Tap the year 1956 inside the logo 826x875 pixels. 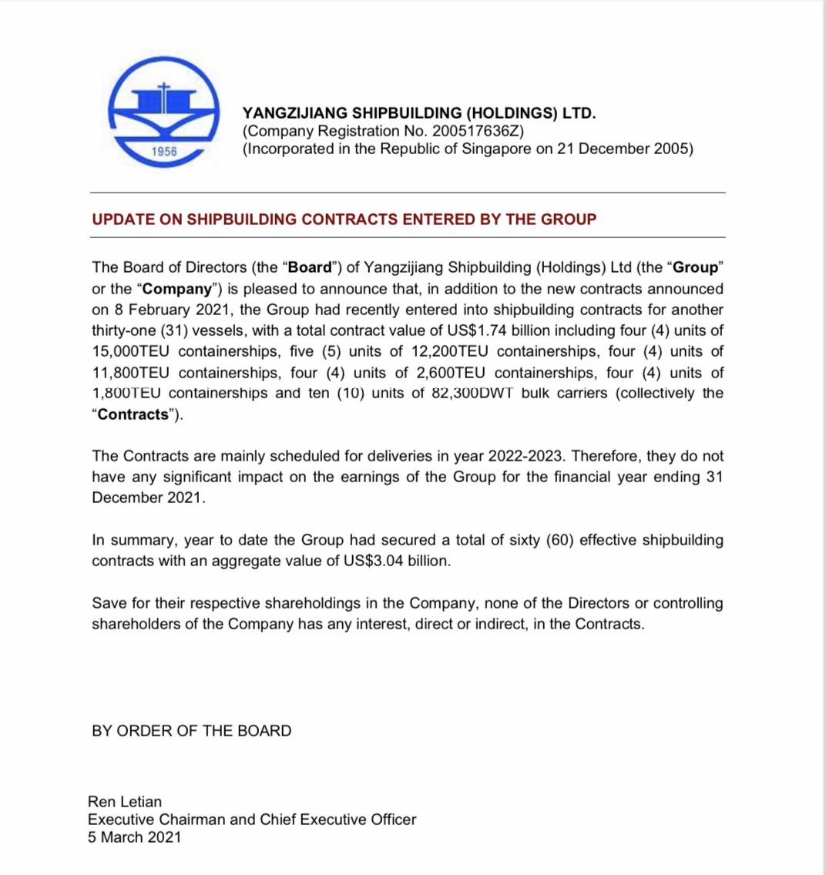click(x=164, y=152)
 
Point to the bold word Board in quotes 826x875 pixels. click(x=309, y=268)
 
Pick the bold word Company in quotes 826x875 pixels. click(x=178, y=289)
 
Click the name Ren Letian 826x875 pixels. click(x=125, y=802)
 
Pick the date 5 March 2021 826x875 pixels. click(x=135, y=837)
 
